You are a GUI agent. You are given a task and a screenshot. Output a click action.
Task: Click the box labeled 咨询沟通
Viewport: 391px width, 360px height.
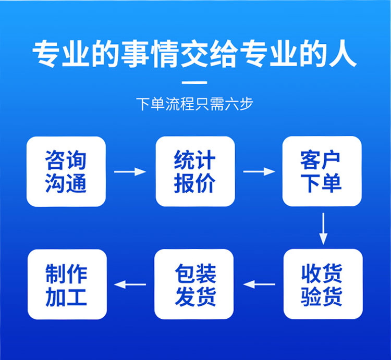click(x=66, y=171)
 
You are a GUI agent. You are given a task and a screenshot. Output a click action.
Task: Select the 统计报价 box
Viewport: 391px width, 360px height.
click(x=195, y=171)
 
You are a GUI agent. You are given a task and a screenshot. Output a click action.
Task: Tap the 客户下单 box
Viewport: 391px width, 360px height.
click(x=322, y=171)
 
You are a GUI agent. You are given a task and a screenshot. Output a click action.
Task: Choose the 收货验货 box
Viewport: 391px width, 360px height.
click(x=322, y=284)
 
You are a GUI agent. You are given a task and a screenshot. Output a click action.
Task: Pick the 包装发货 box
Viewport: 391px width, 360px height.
click(x=194, y=284)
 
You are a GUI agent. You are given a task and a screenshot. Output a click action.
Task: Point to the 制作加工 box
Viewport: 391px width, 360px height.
click(x=67, y=284)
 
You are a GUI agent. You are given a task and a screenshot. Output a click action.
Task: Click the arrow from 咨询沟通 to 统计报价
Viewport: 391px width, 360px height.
click(x=130, y=171)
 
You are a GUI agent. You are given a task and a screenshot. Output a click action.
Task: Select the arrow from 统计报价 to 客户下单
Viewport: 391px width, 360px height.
click(x=259, y=171)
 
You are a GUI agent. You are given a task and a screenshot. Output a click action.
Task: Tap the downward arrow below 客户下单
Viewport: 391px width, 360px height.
click(x=323, y=228)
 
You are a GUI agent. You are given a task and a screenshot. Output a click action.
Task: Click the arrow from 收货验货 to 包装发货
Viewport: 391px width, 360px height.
click(x=259, y=284)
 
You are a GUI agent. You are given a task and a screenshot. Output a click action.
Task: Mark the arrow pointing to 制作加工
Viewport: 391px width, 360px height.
click(x=130, y=284)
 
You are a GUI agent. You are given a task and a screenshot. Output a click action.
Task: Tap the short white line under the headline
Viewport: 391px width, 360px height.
click(x=195, y=82)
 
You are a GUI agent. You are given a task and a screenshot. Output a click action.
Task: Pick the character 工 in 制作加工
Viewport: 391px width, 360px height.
click(x=77, y=296)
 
